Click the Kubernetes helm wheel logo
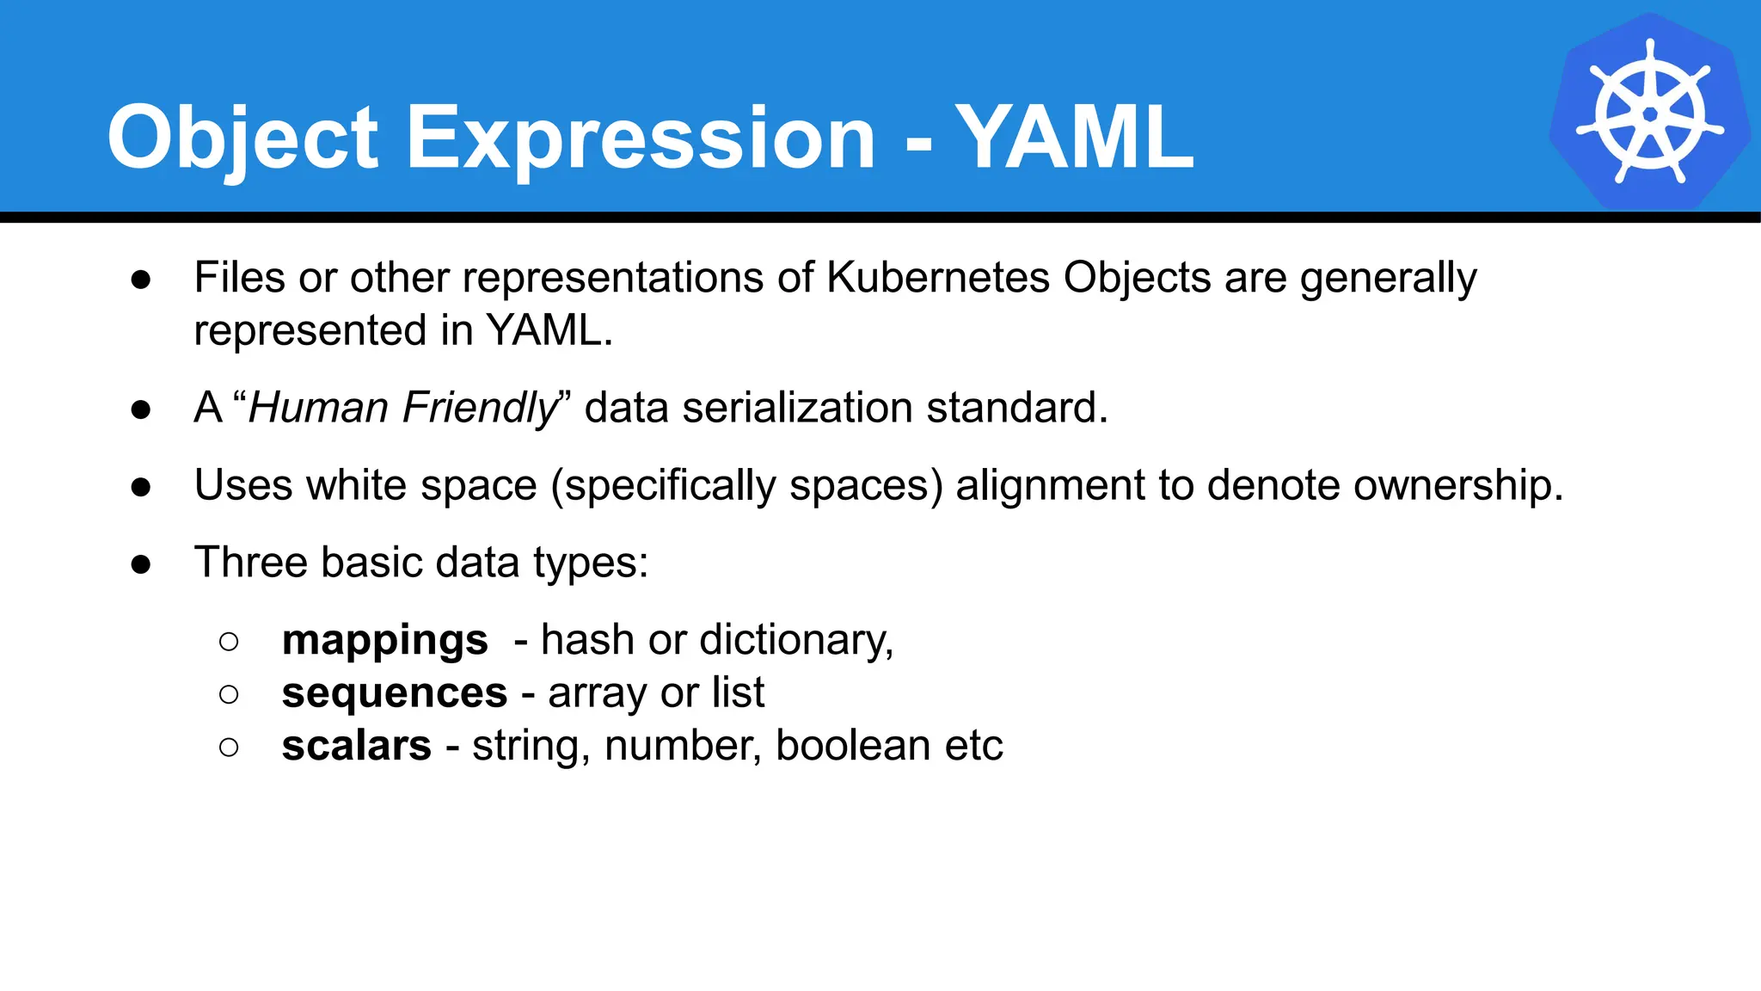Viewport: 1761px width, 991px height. (1649, 112)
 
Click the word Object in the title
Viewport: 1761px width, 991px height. (242, 138)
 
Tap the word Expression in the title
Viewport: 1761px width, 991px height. (640, 138)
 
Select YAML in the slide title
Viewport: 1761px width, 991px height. (1075, 138)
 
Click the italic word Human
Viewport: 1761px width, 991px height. (318, 408)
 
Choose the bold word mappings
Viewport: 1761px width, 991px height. (384, 641)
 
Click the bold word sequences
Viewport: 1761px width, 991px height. (394, 693)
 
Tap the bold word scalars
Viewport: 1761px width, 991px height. (356, 746)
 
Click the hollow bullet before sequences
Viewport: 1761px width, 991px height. (229, 694)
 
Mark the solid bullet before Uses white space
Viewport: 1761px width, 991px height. (141, 487)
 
